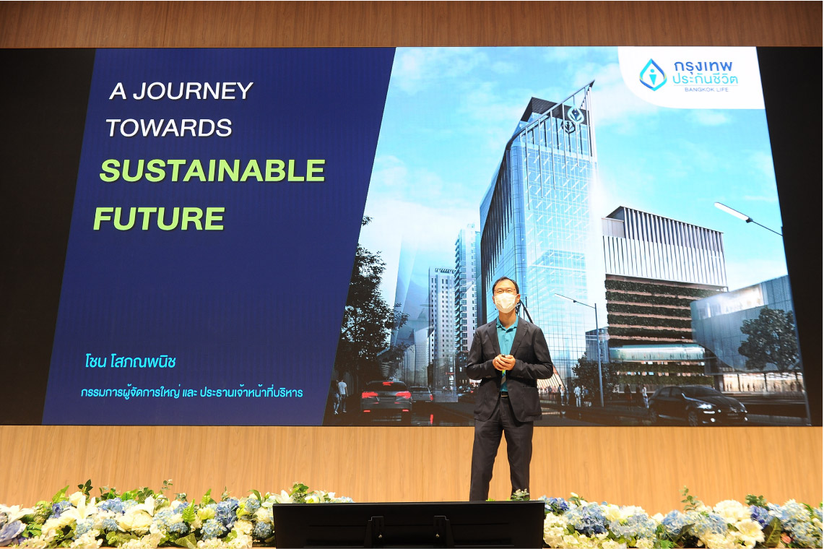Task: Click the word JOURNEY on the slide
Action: (192, 90)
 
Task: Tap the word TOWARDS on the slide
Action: (169, 127)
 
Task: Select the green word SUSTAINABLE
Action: (212, 170)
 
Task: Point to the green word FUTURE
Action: (159, 218)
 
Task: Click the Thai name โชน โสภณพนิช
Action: (130, 362)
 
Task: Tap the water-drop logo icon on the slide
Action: (653, 74)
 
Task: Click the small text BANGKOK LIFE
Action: (706, 90)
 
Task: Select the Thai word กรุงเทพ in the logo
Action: (703, 66)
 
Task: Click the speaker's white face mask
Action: (506, 302)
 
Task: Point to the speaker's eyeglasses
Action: (505, 290)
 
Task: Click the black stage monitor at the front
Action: (408, 525)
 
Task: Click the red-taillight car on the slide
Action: (386, 399)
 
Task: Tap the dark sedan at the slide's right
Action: (697, 405)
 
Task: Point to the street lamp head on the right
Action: (732, 211)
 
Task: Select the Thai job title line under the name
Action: (192, 392)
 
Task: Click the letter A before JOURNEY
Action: (118, 91)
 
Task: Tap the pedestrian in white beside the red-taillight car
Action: (342, 393)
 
